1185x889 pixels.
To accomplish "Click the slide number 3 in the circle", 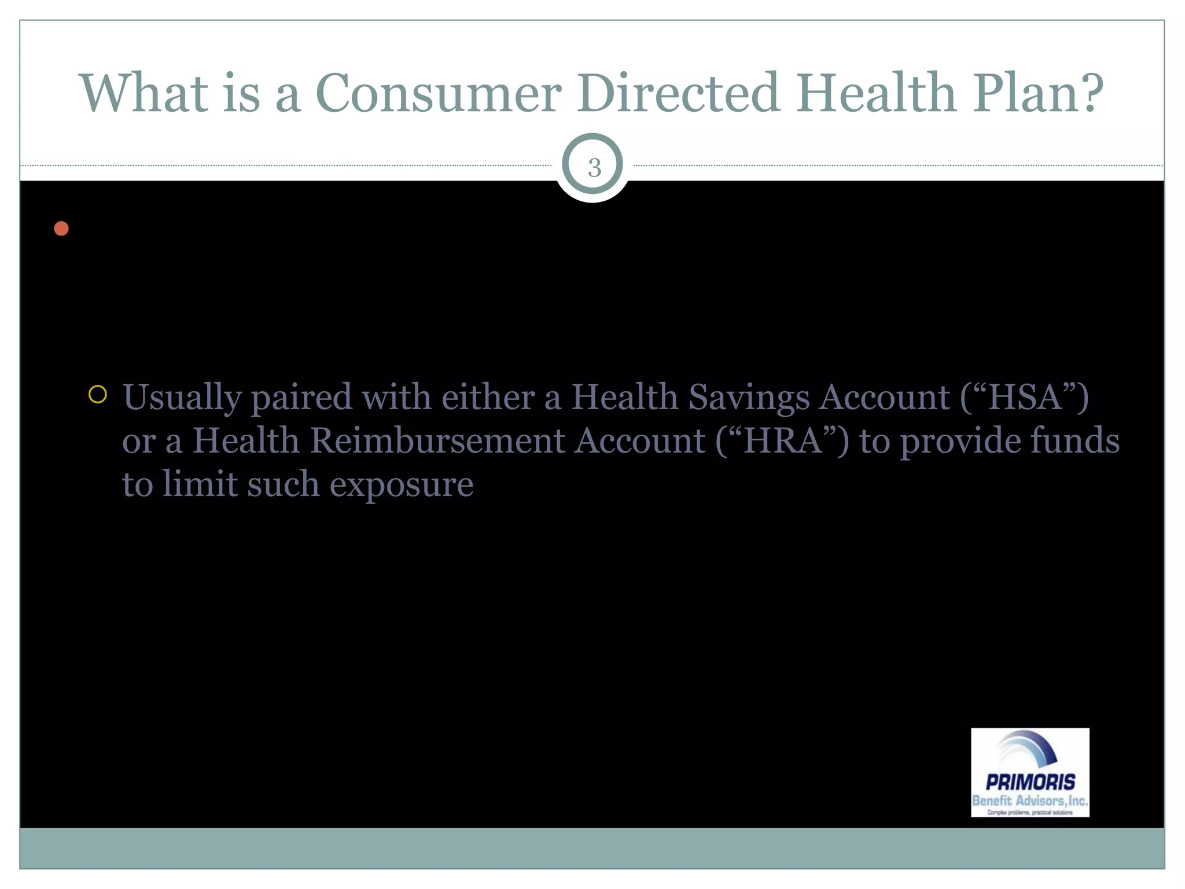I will pos(594,168).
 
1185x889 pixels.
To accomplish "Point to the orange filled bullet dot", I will pos(61,229).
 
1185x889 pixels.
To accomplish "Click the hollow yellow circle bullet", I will pos(98,395).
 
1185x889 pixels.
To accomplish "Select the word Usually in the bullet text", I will pos(182,398).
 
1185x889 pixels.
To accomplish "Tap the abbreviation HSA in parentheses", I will pos(1025,397).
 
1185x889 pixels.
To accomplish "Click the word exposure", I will pos(401,484).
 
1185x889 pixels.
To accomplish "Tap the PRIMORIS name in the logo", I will pos(1030,782).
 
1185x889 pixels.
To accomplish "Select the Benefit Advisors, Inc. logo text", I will pos(1030,800).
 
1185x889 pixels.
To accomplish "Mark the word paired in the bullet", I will pos(301,398).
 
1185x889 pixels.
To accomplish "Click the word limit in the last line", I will pos(200,484).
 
